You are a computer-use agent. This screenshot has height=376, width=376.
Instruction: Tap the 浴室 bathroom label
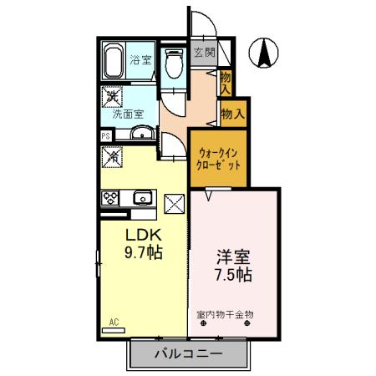141,60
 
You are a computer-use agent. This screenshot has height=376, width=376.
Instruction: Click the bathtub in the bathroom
114,63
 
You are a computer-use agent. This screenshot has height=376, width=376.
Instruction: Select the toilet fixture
175,65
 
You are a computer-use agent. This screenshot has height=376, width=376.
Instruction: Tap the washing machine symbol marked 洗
110,97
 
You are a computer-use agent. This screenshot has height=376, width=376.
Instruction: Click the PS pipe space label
106,135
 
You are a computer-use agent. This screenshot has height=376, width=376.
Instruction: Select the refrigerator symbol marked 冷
111,155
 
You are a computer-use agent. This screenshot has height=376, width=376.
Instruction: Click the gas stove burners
112,198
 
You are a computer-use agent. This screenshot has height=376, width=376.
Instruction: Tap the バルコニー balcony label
188,354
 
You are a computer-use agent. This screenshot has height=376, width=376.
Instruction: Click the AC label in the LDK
114,321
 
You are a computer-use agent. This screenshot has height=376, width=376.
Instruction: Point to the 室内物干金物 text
226,314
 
